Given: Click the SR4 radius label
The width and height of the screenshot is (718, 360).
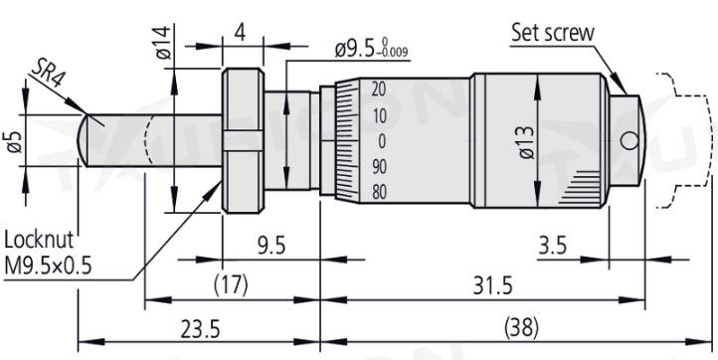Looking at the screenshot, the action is point(47,76).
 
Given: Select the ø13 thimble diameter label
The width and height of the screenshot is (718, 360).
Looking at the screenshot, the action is point(526,142).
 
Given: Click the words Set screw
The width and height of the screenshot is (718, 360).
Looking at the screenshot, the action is point(552,33).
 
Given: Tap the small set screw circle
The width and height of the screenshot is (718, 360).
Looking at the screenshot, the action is point(630,140).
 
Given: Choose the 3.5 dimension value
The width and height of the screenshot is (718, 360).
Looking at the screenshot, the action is point(552,246).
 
